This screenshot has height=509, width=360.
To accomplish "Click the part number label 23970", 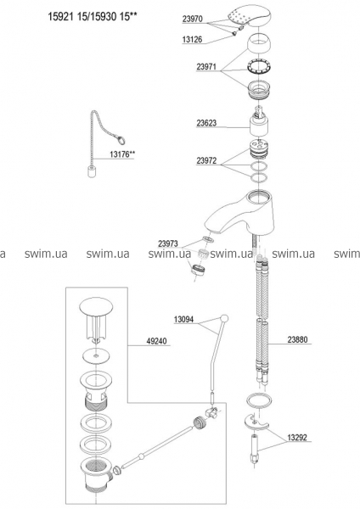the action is tap(192, 20).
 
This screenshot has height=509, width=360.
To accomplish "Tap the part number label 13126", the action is tap(192, 40).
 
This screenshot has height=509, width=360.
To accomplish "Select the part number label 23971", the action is tap(206, 67).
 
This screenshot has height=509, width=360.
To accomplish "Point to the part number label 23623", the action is tap(206, 123).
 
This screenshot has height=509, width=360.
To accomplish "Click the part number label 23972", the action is tap(206, 160).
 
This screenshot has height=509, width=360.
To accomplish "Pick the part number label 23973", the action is tap(168, 243).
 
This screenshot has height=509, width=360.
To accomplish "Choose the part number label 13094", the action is tap(183, 320).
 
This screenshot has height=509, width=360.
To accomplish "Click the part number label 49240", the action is tap(156, 341).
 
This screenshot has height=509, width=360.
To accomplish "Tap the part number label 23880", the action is tap(297, 340).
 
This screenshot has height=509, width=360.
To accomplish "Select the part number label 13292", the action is tap(297, 437).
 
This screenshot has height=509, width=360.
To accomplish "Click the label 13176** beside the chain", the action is tap(122, 154).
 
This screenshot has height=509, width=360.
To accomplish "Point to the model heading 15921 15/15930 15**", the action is tap(92, 17).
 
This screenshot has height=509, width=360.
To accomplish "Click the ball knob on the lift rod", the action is tap(224, 318).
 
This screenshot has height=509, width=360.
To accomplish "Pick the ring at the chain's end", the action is tap(121, 141).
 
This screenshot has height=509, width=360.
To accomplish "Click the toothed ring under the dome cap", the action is tap(259, 69).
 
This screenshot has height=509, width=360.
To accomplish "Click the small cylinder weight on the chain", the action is tap(92, 171).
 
